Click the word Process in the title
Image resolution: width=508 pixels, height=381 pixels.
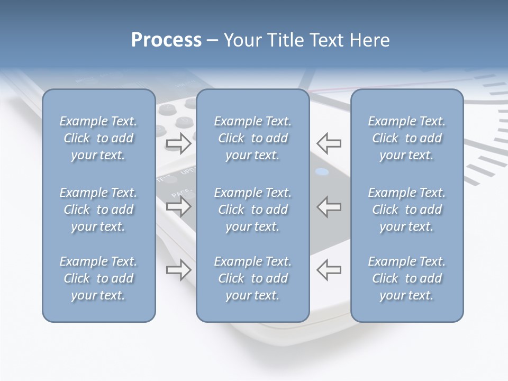[x=166, y=40]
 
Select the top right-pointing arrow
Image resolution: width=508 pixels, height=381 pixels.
[x=178, y=143]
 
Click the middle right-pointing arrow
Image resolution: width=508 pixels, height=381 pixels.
[x=178, y=206]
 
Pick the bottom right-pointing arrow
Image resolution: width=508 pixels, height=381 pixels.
[x=178, y=270]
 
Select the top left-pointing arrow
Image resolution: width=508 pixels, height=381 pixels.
[x=329, y=143]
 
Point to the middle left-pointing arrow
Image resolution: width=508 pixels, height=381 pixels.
[x=329, y=206]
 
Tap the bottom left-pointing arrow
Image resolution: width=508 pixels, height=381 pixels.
[x=329, y=270]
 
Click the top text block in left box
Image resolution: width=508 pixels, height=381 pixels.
[x=98, y=138]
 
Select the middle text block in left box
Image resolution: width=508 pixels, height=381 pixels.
[x=98, y=210]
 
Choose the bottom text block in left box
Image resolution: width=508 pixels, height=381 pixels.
[x=98, y=278]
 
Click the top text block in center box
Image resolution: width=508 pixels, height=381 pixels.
[x=253, y=138]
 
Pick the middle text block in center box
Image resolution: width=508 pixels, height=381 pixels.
[x=253, y=210]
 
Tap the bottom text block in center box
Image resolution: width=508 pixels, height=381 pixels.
[x=253, y=278]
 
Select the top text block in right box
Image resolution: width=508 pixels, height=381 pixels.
[x=407, y=138]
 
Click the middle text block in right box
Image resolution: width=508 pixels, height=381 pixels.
[x=407, y=210]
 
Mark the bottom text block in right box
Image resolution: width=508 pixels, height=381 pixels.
[x=407, y=278]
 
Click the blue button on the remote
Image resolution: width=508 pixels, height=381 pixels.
[x=322, y=172]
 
